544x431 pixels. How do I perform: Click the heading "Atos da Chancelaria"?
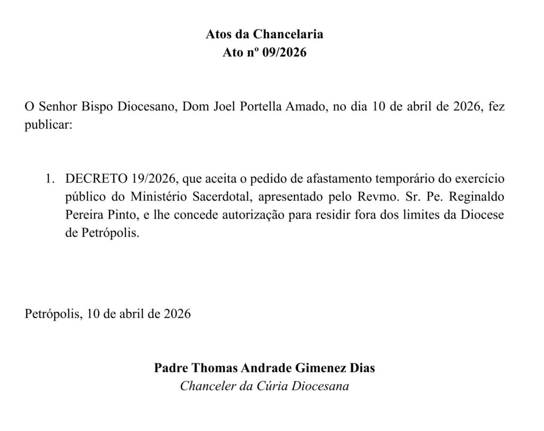click(x=264, y=35)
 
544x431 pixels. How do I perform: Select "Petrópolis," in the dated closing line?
click(x=53, y=313)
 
